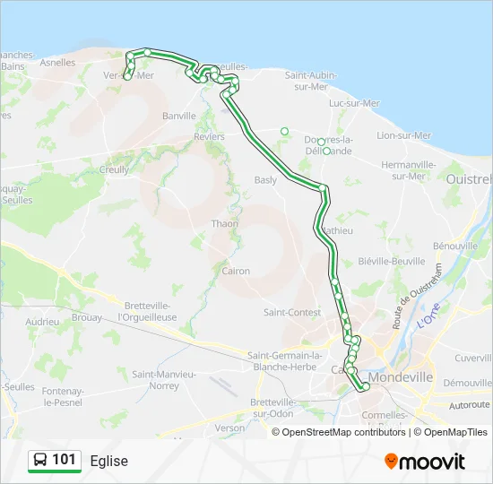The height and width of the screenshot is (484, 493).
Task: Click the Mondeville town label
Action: click(402, 377)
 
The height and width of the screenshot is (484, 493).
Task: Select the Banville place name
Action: click(179, 117)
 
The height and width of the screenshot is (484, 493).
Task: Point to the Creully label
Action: click(115, 169)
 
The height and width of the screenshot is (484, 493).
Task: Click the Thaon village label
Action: click(224, 223)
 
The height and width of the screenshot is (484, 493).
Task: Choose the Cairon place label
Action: click(236, 271)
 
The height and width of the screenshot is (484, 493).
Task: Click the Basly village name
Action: click(265, 179)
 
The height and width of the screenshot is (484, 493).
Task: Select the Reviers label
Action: click(209, 136)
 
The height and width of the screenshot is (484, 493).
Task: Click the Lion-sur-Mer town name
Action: click(403, 135)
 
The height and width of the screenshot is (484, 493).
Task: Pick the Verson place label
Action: click(229, 428)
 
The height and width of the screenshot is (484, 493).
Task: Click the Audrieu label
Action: click(42, 320)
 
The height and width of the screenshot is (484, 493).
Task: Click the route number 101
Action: click(64, 460)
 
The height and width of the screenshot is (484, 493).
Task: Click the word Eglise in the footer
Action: click(109, 461)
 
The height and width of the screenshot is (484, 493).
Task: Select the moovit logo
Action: click(425, 462)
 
